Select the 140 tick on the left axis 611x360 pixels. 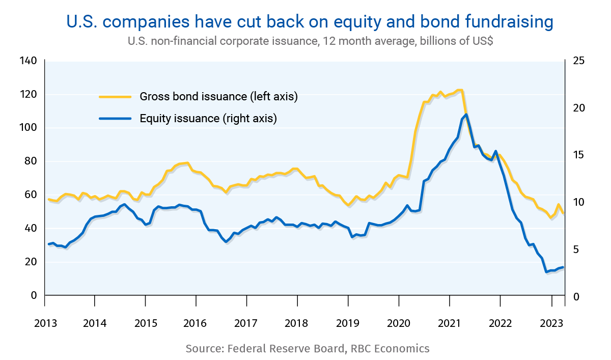point(29,61)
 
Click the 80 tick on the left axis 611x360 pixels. point(31,161)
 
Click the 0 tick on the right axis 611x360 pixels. point(576,296)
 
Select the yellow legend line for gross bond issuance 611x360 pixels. point(116,96)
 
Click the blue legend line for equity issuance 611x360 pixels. point(116,119)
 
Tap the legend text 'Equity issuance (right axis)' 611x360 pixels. point(208,119)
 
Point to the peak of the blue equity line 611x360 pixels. point(466,115)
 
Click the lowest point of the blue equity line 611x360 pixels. point(547,272)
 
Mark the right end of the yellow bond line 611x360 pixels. point(564,213)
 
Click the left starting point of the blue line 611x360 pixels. point(48,244)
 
